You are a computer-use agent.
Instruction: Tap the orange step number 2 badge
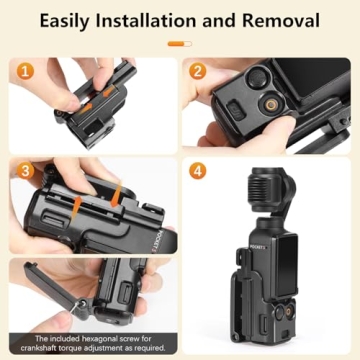click(x=198, y=72)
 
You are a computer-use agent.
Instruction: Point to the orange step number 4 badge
click(x=198, y=171)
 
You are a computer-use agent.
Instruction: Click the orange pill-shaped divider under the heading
click(x=180, y=44)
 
